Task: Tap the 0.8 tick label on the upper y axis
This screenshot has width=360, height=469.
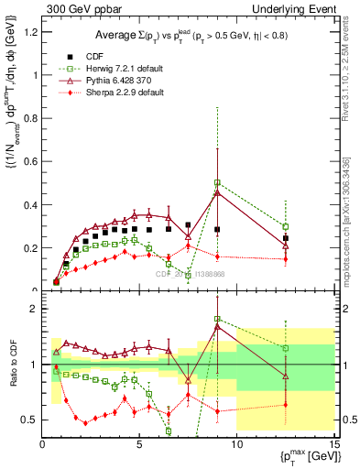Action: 31,118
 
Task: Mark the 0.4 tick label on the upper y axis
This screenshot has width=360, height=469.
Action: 31,204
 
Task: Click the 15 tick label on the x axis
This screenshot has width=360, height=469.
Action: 333,442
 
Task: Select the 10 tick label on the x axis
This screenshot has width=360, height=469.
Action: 236,442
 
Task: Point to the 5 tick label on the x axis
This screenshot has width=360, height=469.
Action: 139,442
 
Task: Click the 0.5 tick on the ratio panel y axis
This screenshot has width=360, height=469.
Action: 31,420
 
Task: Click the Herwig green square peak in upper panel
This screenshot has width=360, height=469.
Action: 217,182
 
